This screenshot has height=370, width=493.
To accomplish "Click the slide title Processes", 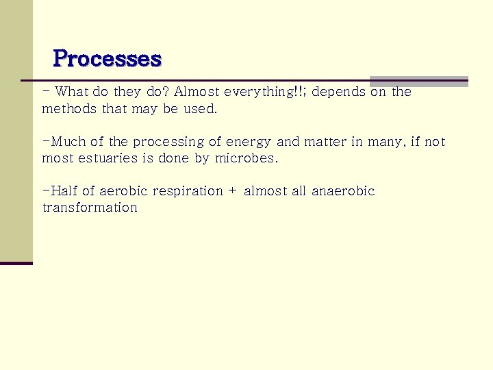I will [107, 58].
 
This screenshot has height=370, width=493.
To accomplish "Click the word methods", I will [70, 108].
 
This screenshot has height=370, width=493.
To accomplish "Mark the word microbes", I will [250, 158].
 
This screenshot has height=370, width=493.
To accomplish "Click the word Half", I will [64, 191].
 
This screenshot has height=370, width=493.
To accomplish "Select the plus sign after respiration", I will [231, 191].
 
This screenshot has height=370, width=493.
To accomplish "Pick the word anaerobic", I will [343, 191].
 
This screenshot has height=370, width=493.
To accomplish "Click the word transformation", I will [90, 208].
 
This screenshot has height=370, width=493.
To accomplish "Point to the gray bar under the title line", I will [418, 82].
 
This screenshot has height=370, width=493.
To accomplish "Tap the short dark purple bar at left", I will [16, 263].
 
